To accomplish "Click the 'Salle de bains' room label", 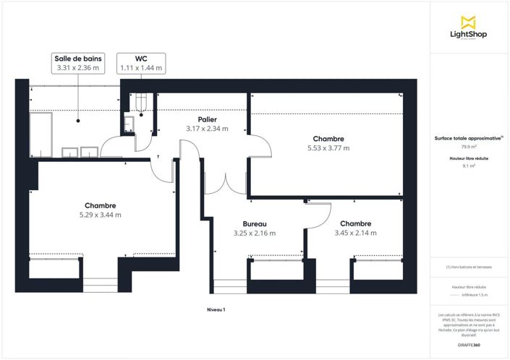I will coord(78,58).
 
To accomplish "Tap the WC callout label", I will coord(141,58).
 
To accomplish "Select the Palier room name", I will coord(207,119).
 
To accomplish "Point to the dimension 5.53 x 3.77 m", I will coord(328,148).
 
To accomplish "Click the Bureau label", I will coord(254,224).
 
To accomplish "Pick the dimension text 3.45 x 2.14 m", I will coord(355,233).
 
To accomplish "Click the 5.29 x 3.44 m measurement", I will coord(100,215).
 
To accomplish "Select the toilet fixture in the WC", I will coord(143,104).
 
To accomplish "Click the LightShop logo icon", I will coord(469,22).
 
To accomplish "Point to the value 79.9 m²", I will coord(469,147).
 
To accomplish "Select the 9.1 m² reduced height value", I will coord(469,166).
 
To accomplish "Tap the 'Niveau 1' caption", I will coord(216,309).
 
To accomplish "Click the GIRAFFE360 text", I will coord(469,345).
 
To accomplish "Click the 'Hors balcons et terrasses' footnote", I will coord(469,267).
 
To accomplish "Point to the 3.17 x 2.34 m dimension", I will coord(207,129).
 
